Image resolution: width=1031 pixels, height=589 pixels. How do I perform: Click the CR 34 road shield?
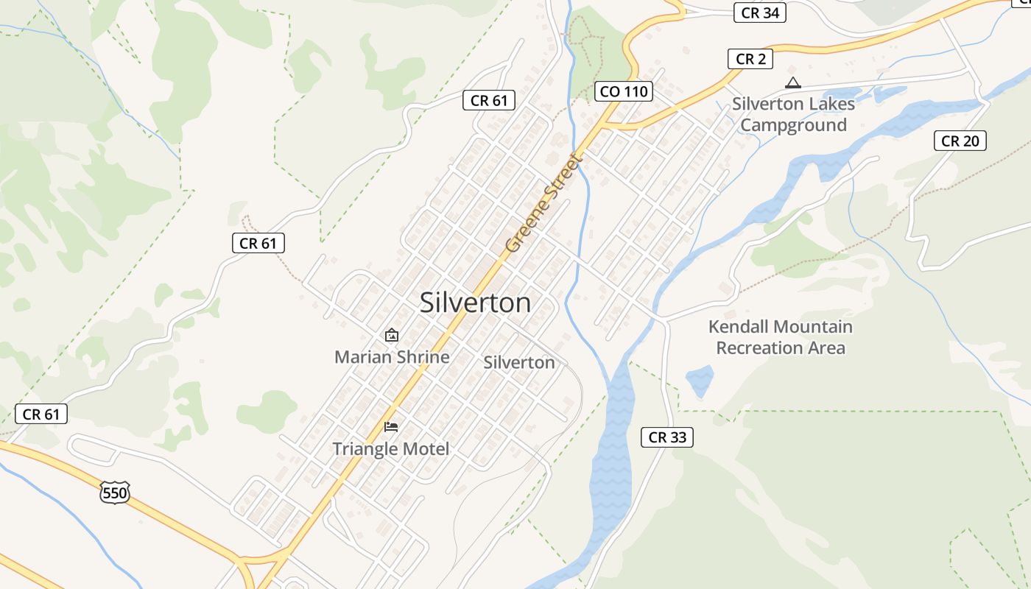point(760,13)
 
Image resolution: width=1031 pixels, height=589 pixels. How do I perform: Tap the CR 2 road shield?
point(750,59)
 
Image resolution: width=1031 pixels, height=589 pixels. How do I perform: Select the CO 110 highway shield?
point(623,91)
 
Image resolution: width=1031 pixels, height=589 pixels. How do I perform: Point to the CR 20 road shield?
point(960,141)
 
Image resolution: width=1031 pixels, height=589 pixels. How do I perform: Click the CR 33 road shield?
point(667,437)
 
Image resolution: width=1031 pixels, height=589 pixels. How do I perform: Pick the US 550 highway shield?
point(115,492)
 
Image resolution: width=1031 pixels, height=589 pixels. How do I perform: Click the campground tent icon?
point(792,82)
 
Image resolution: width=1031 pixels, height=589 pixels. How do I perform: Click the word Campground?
point(793,125)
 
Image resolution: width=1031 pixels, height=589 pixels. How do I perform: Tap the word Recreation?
point(759,348)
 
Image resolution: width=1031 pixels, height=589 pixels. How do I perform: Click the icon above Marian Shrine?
point(392,336)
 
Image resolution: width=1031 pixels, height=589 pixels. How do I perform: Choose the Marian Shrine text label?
point(392,357)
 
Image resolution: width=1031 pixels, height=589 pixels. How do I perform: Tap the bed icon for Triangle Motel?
point(391,427)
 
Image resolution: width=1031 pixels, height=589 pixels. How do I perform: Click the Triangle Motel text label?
point(390,448)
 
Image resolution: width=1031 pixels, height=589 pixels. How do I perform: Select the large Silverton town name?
point(475,303)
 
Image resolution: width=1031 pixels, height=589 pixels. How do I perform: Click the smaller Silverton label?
point(519,362)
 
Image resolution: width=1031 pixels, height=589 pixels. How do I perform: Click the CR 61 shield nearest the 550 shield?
point(41,415)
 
